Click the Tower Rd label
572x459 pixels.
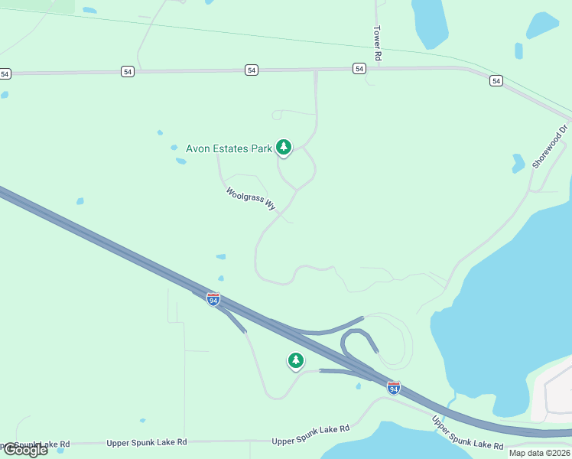coord(377,43)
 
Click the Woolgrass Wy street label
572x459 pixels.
coord(251,199)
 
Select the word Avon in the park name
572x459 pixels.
coord(200,148)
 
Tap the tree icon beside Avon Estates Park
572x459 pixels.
coord(284,147)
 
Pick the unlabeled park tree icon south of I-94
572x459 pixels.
coord(296,360)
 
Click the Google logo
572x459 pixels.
coord(25,450)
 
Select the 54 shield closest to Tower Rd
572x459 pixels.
coord(359,69)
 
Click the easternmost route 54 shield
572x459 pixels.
coord(496,80)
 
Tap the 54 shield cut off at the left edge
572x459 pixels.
coord(5,74)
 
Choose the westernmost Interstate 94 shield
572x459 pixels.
coord(213,298)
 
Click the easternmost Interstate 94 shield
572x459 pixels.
coord(393,388)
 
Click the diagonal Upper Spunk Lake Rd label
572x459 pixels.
coord(467,434)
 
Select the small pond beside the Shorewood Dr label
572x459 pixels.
coord(518,162)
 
